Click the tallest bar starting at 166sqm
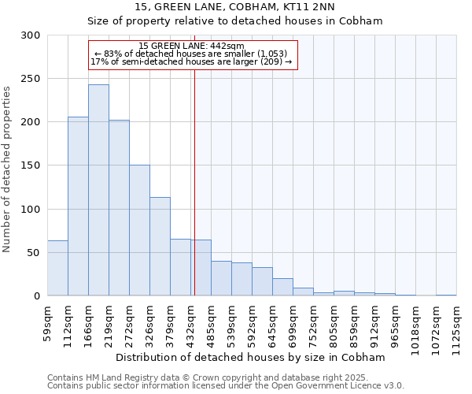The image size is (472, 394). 98,190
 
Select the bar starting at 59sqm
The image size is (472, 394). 57,268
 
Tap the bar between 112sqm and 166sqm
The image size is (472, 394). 78,206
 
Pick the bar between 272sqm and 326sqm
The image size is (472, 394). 139,230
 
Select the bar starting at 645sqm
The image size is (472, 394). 282,287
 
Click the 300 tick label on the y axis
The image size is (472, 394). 31,35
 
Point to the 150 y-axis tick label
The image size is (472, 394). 31,165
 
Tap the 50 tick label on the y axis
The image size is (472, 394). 34,252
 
